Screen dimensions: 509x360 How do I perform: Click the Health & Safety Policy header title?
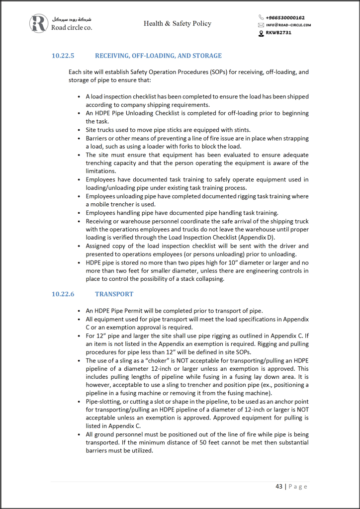point(178,23)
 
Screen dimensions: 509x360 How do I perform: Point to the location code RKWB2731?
point(278,33)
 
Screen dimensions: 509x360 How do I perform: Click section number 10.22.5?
point(63,56)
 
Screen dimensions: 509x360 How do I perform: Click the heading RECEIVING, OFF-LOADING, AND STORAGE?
point(158,56)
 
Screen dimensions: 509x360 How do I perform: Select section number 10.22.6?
point(63,294)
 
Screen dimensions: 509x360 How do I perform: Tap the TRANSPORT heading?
point(114,294)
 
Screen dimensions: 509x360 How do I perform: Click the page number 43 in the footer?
point(279,486)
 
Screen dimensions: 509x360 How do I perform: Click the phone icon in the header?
point(261,17)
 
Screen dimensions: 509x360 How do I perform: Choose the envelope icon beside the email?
point(261,25)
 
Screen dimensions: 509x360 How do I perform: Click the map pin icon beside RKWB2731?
point(261,33)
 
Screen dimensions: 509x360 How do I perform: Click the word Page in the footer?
point(298,486)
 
